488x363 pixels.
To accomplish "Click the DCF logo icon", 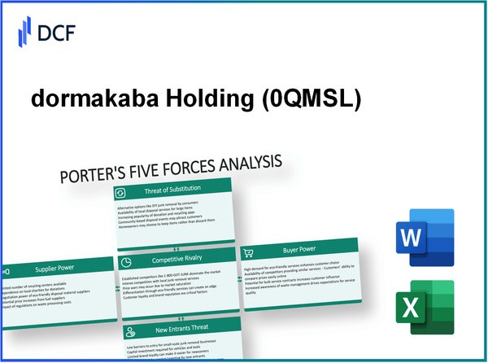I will pos(24,34).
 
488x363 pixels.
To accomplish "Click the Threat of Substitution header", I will pos(172,188).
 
